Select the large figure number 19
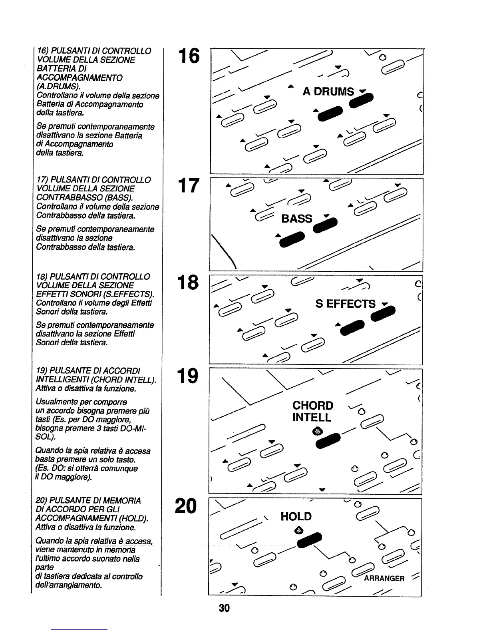pyautogui.click(x=188, y=376)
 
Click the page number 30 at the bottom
pyautogui.click(x=224, y=608)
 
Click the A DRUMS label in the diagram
pyautogui.click(x=328, y=92)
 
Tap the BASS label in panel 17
pyautogui.click(x=296, y=219)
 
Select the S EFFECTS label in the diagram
pyautogui.click(x=346, y=304)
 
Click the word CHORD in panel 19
pyautogui.click(x=313, y=406)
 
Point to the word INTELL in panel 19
pyautogui.click(x=312, y=418)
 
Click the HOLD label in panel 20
pyautogui.click(x=296, y=517)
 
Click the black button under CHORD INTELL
pyautogui.click(x=328, y=440)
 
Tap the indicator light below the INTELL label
pyautogui.click(x=317, y=431)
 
